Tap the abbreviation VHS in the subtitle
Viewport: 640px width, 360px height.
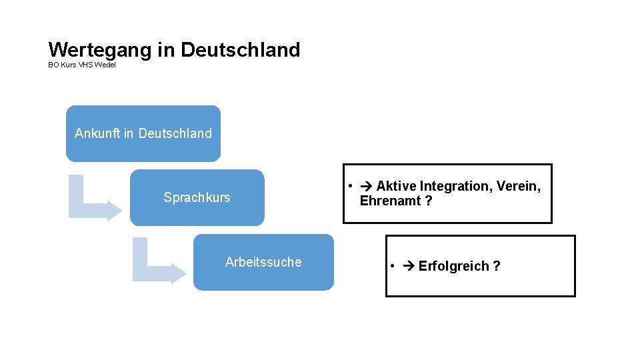tap(85, 65)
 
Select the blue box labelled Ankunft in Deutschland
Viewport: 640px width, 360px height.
tap(143, 133)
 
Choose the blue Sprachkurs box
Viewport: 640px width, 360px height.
tap(197, 197)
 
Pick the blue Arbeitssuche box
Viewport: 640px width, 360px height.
tap(263, 262)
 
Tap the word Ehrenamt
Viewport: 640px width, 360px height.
tap(390, 201)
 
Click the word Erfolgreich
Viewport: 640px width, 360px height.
tap(453, 267)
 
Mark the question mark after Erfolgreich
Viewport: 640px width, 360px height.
tap(497, 267)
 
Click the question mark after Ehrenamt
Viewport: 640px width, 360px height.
tap(428, 201)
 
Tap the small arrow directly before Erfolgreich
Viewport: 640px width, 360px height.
tap(409, 267)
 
